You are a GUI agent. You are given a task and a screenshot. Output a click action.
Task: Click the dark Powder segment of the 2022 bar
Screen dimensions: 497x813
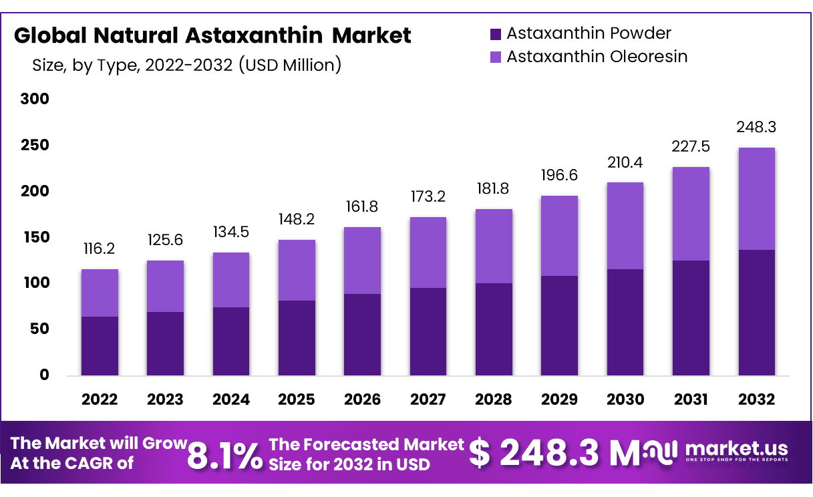click(x=100, y=345)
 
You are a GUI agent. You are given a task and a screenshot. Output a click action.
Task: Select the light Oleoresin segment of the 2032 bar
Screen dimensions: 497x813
click(x=757, y=198)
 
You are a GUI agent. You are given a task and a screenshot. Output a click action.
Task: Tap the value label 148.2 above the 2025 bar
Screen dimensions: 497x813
click(x=297, y=220)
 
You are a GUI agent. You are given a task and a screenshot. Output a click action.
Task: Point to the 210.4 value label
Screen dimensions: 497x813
click(x=625, y=162)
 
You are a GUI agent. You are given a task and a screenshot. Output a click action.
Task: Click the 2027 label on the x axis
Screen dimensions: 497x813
click(x=428, y=399)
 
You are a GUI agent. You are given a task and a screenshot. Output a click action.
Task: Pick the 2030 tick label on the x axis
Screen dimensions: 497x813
click(x=625, y=399)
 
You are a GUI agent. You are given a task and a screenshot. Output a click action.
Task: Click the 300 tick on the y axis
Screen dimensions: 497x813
click(x=35, y=100)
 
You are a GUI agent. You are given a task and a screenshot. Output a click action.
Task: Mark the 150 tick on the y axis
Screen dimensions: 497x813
click(x=35, y=238)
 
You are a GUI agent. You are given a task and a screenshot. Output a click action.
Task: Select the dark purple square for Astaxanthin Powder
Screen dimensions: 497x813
click(x=495, y=34)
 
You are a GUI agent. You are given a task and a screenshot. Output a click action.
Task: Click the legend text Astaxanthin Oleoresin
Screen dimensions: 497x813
click(x=597, y=57)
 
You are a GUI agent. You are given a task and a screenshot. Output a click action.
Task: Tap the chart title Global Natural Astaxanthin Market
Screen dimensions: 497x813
click(x=212, y=35)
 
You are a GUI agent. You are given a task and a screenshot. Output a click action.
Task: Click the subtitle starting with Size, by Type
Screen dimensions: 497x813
click(x=187, y=65)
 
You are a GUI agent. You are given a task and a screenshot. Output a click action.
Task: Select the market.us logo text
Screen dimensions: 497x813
click(x=736, y=448)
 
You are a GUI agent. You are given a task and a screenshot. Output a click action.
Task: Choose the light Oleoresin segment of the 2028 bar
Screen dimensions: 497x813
click(x=494, y=246)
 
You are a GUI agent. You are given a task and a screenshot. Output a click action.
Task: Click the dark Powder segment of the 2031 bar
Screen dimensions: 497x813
click(x=691, y=317)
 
